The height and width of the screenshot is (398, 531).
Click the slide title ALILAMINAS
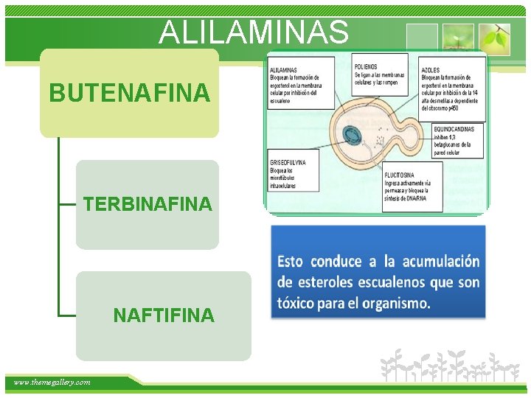pos(254,32)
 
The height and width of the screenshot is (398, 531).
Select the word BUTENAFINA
pos(129,94)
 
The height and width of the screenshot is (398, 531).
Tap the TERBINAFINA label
pos(147,204)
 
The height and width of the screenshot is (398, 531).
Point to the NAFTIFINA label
pos(164,315)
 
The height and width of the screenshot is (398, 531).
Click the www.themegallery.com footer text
pos(52,382)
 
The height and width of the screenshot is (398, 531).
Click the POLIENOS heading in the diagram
pos(367,66)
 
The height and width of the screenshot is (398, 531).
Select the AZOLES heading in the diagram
pos(431,69)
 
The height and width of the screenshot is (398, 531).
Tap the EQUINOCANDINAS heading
pos(454,130)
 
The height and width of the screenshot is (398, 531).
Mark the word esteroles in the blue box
pos(328,282)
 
